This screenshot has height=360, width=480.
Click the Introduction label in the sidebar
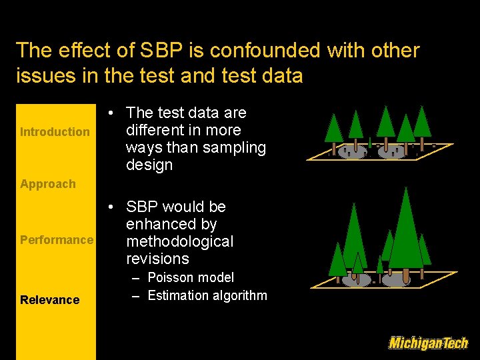pos(55,132)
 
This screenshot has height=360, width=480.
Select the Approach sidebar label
pos(48,184)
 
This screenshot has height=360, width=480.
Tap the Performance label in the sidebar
pos(57,240)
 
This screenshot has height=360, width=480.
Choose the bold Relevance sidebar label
pos(49,300)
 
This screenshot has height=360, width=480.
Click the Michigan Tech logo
pos(428,343)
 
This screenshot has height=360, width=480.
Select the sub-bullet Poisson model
pos(191,277)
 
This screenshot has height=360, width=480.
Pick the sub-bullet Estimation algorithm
pos(207,295)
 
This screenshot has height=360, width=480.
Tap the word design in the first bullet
pos(149,165)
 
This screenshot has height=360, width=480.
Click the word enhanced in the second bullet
pos(171,224)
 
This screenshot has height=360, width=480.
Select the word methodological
pos(179,241)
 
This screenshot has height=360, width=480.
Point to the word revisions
pos(157,259)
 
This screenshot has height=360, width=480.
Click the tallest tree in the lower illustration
pos(405,230)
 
